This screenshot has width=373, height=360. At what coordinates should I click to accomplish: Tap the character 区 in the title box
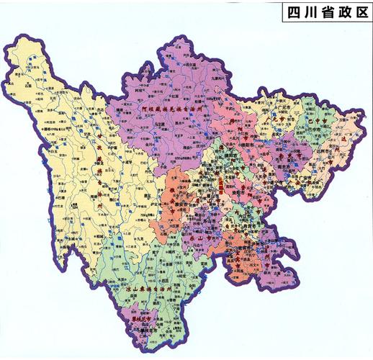(x=357, y=12)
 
